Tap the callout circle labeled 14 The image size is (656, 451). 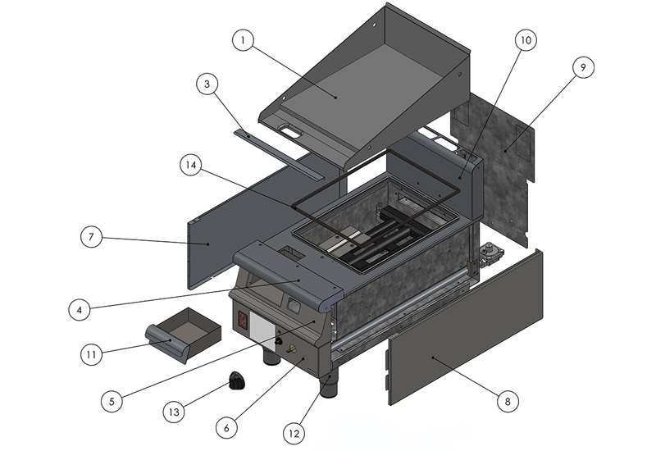point(190,164)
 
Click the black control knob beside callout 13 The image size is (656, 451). point(238,381)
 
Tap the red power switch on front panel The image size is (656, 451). point(243,321)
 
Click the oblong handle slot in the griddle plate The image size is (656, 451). point(289,130)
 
